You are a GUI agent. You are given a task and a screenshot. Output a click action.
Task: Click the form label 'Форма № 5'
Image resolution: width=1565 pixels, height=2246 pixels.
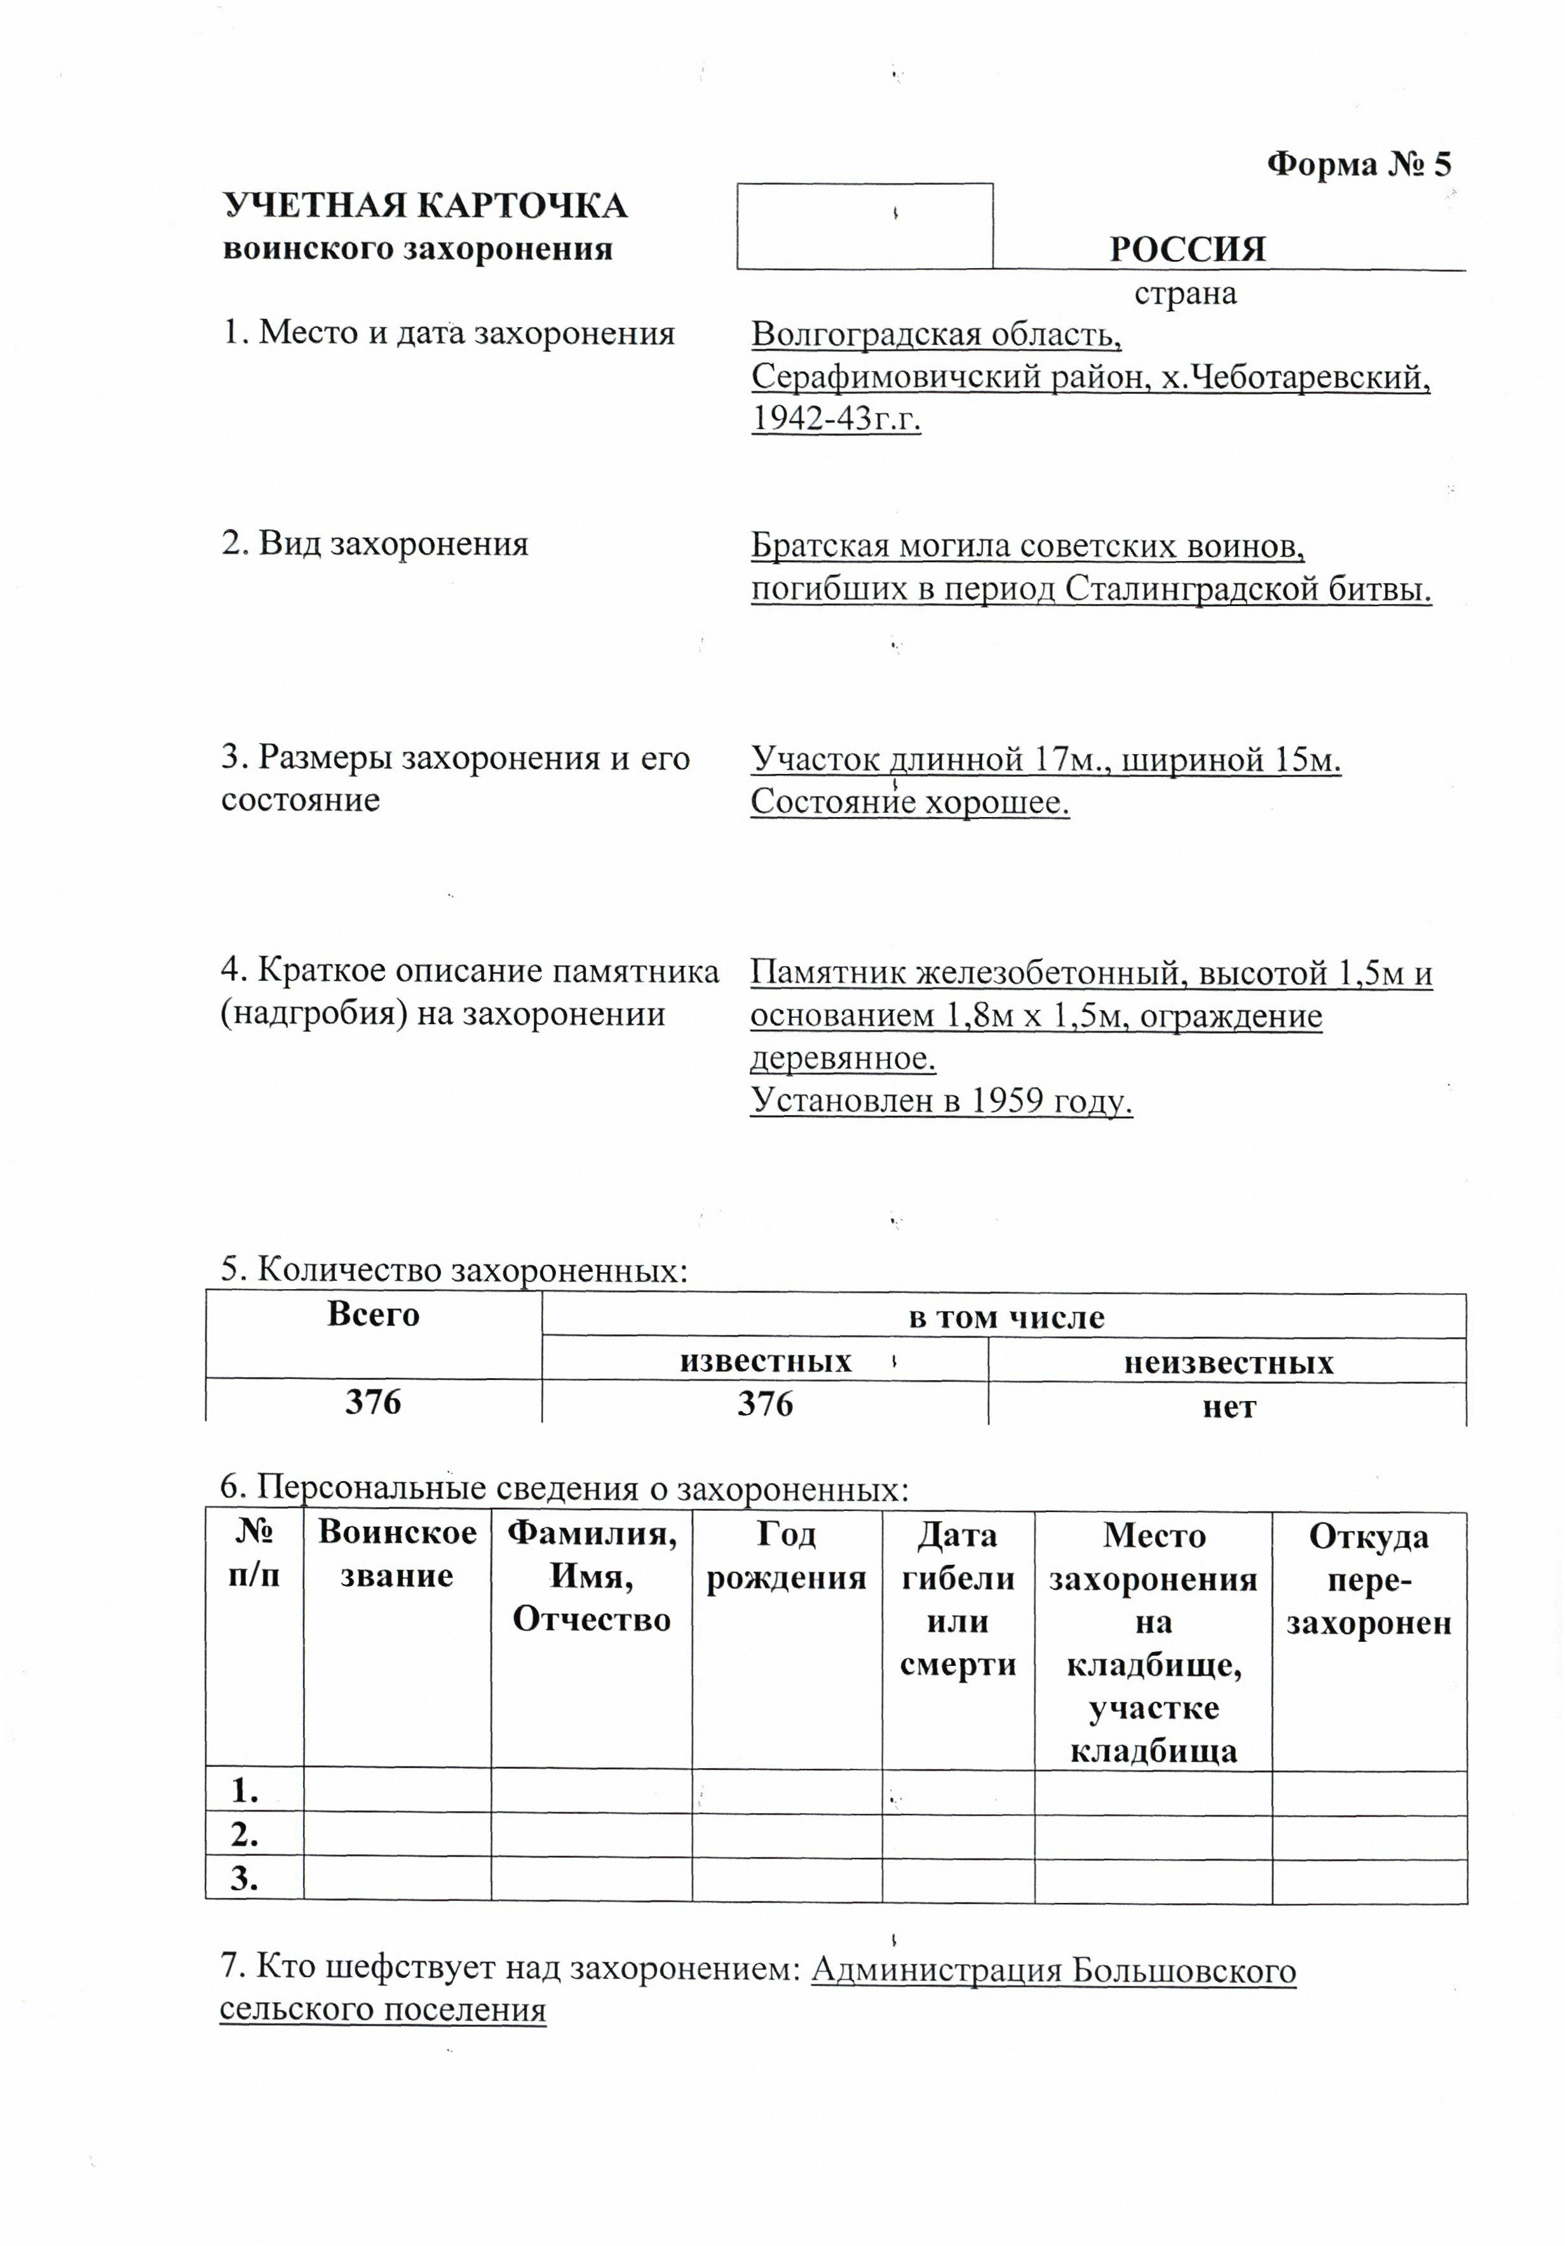click(1358, 165)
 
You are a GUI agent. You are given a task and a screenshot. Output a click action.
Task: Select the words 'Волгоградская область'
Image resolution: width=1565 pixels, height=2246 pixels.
click(935, 335)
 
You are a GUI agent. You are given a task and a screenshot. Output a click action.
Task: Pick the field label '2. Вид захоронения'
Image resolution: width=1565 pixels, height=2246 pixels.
click(375, 544)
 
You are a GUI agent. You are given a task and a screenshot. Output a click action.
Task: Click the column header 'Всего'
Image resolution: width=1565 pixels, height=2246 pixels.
click(373, 1314)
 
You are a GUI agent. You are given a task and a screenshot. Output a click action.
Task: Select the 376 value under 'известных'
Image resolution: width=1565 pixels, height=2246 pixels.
click(765, 1404)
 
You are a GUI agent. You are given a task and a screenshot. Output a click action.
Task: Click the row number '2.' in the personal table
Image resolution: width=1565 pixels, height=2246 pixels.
click(245, 1836)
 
